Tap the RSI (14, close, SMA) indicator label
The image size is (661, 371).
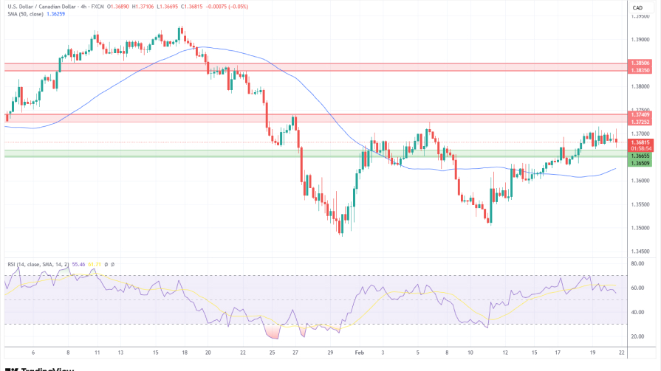(37, 263)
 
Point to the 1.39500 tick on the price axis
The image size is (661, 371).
(640, 16)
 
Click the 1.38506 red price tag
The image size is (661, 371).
(640, 63)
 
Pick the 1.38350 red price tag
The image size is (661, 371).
(640, 70)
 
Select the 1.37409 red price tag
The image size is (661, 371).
(640, 114)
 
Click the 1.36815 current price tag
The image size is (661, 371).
(640, 142)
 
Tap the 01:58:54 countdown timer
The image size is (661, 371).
(640, 148)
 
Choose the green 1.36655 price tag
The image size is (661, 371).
(640, 156)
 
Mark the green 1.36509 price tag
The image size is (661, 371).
(640, 163)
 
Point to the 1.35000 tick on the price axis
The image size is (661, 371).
(640, 227)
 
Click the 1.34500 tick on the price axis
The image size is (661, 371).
(640, 251)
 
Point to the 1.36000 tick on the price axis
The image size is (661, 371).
(640, 181)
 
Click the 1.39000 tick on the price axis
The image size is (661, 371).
(640, 40)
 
